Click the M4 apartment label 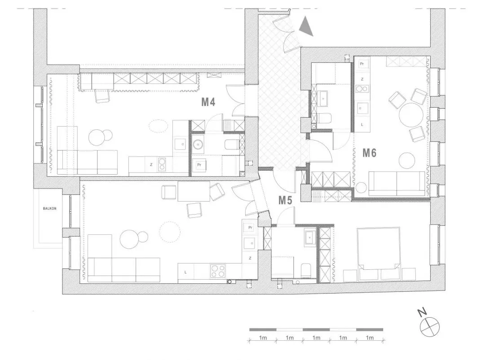(208, 102)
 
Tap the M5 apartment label (285, 200)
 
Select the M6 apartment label (370, 153)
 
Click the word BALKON (50, 209)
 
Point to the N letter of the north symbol (422, 312)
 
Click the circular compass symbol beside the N (429, 327)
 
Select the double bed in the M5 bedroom (379, 254)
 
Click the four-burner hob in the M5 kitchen (218, 271)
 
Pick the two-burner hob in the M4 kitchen (162, 164)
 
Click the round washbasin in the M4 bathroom (198, 145)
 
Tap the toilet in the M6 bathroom (325, 119)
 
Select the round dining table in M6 (410, 114)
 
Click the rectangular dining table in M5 (194, 191)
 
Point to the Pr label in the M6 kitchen (362, 64)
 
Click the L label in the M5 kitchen (185, 272)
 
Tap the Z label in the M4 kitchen (151, 165)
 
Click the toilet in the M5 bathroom (306, 271)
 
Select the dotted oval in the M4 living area (158, 126)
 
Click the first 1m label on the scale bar (263, 338)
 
